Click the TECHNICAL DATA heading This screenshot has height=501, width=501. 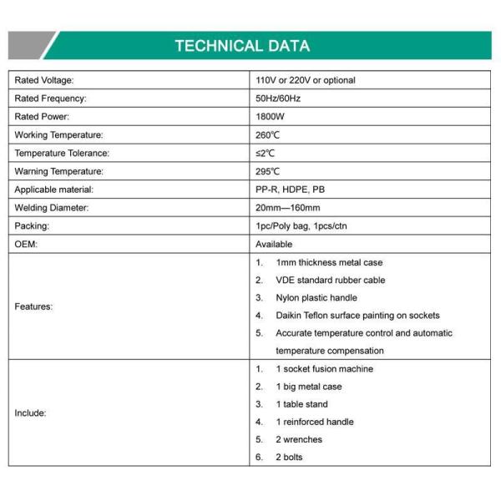coord(242,46)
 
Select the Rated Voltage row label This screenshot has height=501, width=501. coord(44,80)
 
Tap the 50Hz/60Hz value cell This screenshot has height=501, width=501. coord(278,99)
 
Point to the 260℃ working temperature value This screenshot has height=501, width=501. coord(267,134)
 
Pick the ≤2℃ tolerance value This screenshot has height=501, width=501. coord(265,153)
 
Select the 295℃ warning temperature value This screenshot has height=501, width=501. coord(267,171)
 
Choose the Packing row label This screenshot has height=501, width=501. coord(33,226)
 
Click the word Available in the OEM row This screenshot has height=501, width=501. coord(274,245)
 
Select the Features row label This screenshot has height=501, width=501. coord(33,306)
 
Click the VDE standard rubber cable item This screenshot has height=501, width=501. coord(330,281)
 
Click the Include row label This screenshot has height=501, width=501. coord(30,412)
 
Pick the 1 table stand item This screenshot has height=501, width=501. coord(301,404)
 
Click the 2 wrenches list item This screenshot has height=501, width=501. coord(298,439)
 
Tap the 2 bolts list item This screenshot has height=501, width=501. coord(289,457)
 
